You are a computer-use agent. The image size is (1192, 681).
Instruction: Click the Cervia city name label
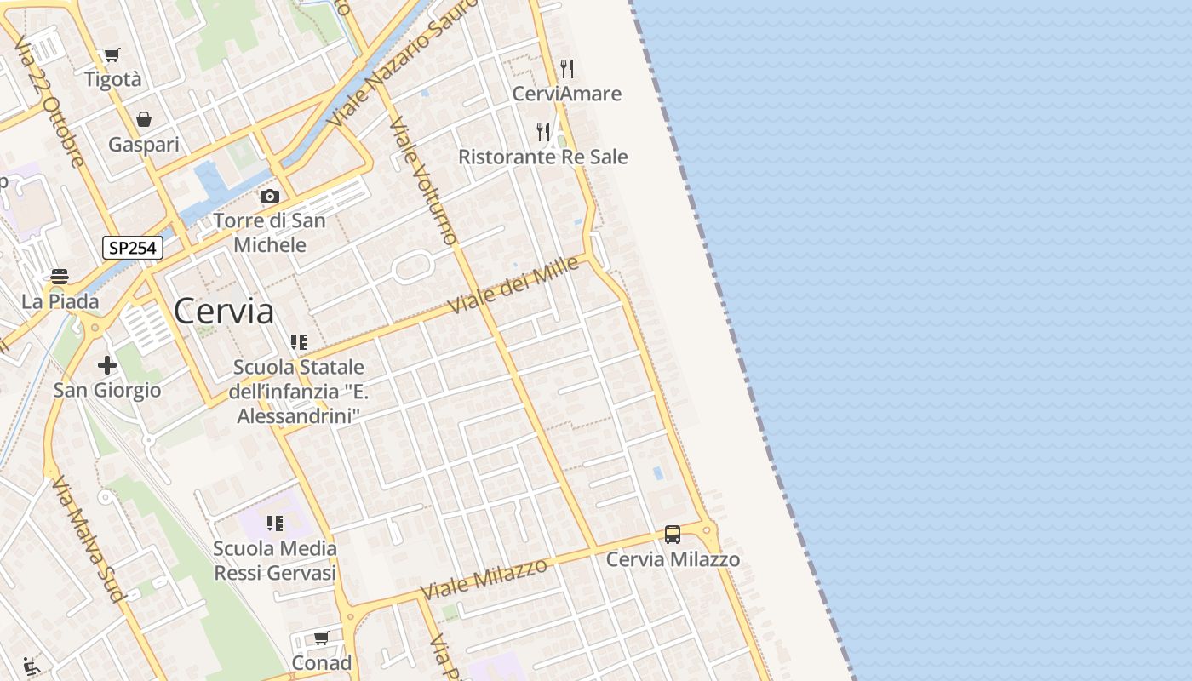click(x=224, y=312)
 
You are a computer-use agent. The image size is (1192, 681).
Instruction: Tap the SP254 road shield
click(x=133, y=248)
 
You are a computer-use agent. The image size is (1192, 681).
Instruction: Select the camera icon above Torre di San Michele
click(x=270, y=197)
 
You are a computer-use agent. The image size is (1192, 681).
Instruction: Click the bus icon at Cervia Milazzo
click(x=673, y=535)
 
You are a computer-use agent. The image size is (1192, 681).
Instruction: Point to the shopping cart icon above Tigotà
click(x=112, y=55)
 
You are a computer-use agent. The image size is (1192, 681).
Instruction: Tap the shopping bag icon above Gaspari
click(x=144, y=119)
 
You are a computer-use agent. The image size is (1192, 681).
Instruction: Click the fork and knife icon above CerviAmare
click(x=567, y=68)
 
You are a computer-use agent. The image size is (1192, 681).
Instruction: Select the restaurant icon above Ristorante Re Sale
click(x=542, y=131)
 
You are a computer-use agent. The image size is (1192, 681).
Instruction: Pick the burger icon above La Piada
click(x=60, y=277)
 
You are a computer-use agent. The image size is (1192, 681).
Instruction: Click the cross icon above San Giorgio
click(x=106, y=365)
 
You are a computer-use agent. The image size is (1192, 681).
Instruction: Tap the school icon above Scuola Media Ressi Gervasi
click(x=274, y=523)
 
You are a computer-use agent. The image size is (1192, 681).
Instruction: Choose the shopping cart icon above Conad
click(x=321, y=638)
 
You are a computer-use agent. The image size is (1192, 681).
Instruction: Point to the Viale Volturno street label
click(x=424, y=180)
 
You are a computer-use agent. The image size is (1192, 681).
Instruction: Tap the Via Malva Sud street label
click(x=87, y=538)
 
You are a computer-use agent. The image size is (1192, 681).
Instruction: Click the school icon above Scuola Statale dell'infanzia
click(x=298, y=342)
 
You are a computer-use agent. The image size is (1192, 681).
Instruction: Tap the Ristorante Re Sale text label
click(x=543, y=157)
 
